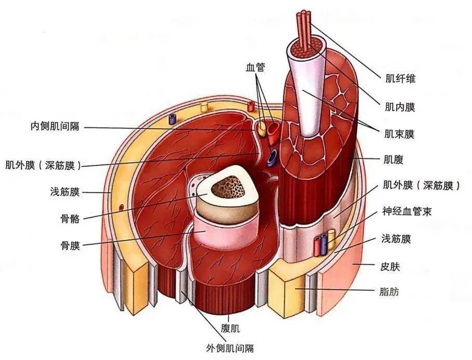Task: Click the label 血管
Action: [x=256, y=68]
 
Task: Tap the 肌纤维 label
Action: [x=401, y=79]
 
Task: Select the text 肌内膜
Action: [x=401, y=107]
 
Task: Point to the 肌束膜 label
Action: [x=401, y=135]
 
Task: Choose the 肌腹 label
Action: [x=396, y=158]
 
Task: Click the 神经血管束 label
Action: [x=408, y=212]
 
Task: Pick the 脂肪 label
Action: [x=390, y=291]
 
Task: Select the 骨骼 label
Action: [x=70, y=219]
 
